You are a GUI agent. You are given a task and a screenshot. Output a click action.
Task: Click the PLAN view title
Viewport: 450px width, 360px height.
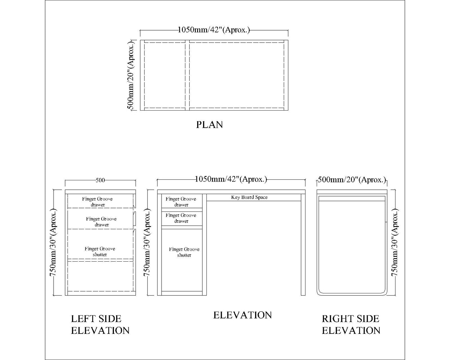(x=209, y=125)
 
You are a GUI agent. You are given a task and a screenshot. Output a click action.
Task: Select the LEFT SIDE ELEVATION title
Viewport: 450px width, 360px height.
(x=100, y=324)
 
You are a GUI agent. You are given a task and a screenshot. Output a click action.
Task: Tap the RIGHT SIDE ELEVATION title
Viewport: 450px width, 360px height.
(x=351, y=324)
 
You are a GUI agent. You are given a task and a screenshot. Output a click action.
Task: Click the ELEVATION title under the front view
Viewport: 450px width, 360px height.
(x=242, y=315)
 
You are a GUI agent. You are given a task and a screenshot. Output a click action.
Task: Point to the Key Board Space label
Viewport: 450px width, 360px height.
(x=249, y=197)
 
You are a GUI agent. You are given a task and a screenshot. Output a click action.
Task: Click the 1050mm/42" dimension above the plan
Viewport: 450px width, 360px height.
(x=214, y=30)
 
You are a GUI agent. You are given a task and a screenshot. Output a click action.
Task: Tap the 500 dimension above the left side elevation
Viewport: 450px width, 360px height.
(x=100, y=180)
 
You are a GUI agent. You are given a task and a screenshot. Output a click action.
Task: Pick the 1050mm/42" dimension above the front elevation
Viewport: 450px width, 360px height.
(x=231, y=179)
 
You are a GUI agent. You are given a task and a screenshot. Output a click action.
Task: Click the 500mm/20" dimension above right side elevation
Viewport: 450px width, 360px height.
(x=352, y=180)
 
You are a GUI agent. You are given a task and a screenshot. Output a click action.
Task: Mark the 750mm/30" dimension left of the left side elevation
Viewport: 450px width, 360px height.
(x=53, y=243)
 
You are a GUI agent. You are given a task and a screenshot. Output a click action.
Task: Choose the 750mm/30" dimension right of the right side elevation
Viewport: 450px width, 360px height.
(x=395, y=243)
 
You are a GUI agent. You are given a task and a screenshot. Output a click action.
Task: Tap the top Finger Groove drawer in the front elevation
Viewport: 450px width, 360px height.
(x=181, y=202)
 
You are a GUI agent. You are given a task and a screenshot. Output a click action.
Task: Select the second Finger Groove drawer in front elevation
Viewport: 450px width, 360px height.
(x=181, y=218)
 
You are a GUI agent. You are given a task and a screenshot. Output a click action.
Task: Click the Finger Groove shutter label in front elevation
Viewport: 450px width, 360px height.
(x=184, y=252)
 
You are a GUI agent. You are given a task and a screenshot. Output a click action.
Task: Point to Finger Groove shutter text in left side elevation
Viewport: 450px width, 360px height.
(x=100, y=252)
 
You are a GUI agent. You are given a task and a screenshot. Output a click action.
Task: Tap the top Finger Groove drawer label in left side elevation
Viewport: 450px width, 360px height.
(x=97, y=202)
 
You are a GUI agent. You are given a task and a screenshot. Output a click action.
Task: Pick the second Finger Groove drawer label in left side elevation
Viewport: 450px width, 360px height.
(x=102, y=222)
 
